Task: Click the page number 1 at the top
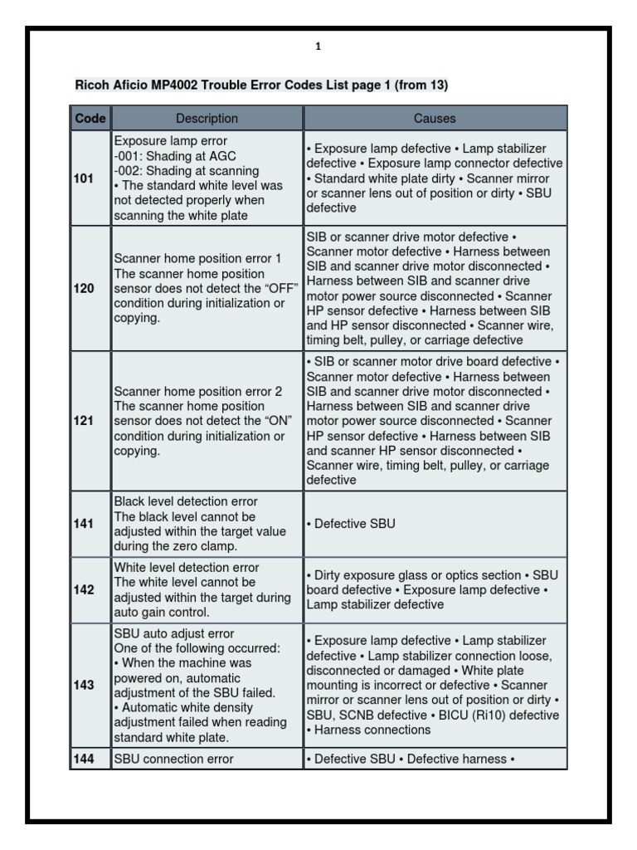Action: click(x=318, y=47)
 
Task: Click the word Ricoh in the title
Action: click(x=91, y=85)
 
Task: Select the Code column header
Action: click(x=90, y=119)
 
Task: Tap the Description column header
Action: click(x=207, y=119)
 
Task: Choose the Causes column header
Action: click(x=435, y=119)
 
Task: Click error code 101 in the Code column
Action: click(x=84, y=178)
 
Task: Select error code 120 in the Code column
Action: click(x=84, y=288)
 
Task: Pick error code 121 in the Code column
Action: click(x=84, y=420)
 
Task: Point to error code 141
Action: click(x=84, y=524)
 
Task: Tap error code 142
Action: click(x=84, y=590)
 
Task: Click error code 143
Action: click(x=84, y=686)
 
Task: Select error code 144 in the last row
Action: click(x=84, y=758)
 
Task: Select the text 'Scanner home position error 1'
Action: click(x=197, y=259)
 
